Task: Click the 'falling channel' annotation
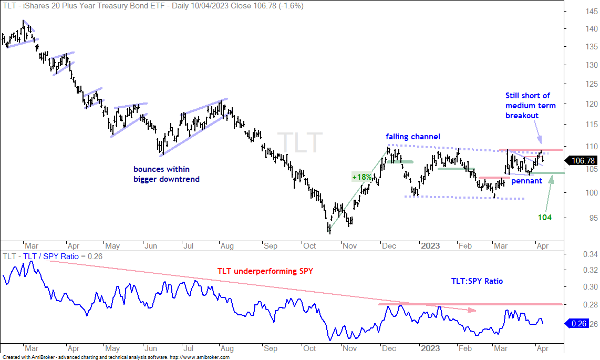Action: click(x=413, y=137)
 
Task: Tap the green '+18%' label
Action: click(x=362, y=177)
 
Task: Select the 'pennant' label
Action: click(x=526, y=181)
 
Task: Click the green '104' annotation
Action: click(x=544, y=217)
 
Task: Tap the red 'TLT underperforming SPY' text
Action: click(x=265, y=271)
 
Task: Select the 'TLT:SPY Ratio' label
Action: click(x=477, y=281)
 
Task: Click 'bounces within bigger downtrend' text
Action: click(x=167, y=174)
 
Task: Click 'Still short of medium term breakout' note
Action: click(x=530, y=106)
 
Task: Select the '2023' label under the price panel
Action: click(x=430, y=245)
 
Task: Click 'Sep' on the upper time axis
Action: click(x=270, y=245)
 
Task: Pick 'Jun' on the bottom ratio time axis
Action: click(x=150, y=348)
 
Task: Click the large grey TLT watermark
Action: click(x=300, y=143)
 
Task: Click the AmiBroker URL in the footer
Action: click(x=199, y=357)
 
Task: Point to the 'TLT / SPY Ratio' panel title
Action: click(x=51, y=256)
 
